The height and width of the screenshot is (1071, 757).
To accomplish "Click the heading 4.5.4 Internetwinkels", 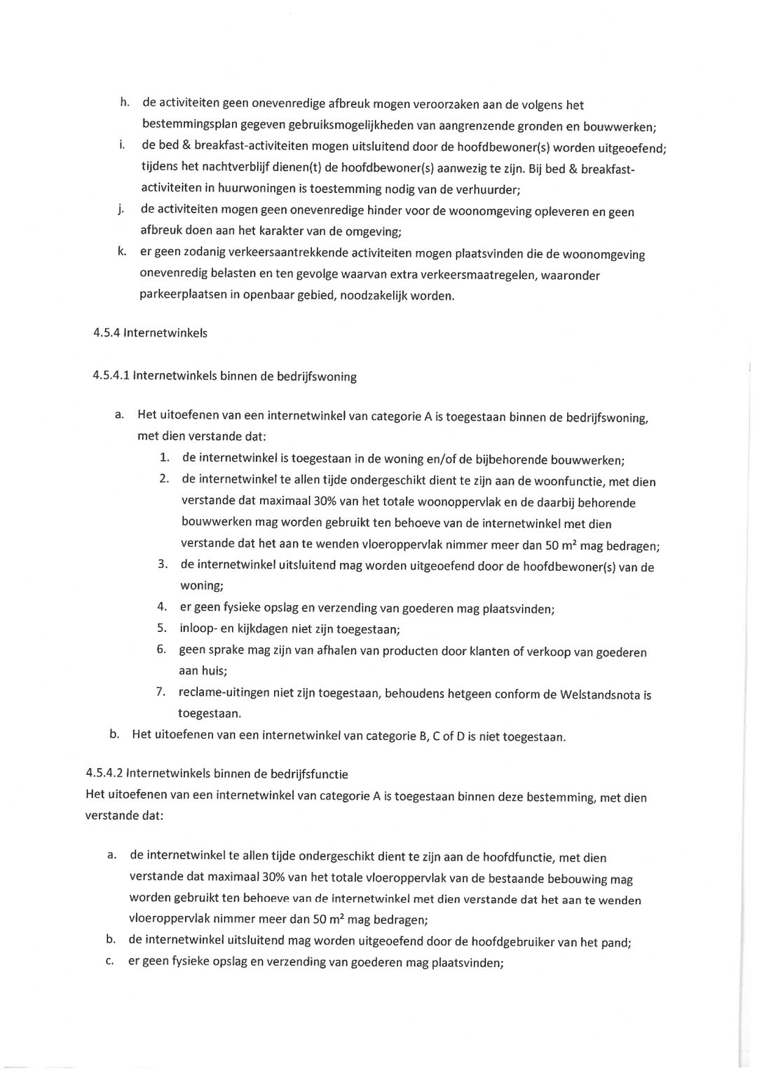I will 150,332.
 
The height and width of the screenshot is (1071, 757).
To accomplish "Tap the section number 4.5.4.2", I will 104,774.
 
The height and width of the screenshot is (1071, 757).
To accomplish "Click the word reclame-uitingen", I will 224,693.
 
